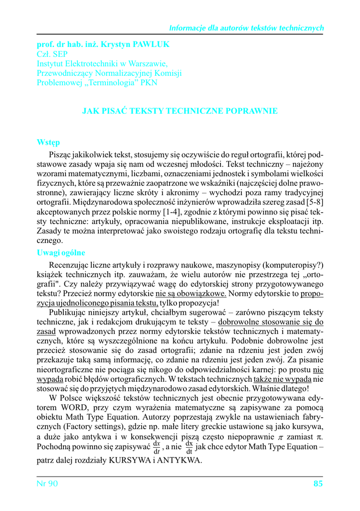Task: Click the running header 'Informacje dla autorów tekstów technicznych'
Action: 247,28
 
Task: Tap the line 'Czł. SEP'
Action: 52,54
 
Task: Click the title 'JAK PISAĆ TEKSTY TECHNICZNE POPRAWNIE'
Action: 180,111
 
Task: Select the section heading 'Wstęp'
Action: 48,142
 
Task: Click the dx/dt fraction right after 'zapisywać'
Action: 157,447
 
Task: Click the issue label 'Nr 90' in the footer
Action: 48,484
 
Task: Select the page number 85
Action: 318,484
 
